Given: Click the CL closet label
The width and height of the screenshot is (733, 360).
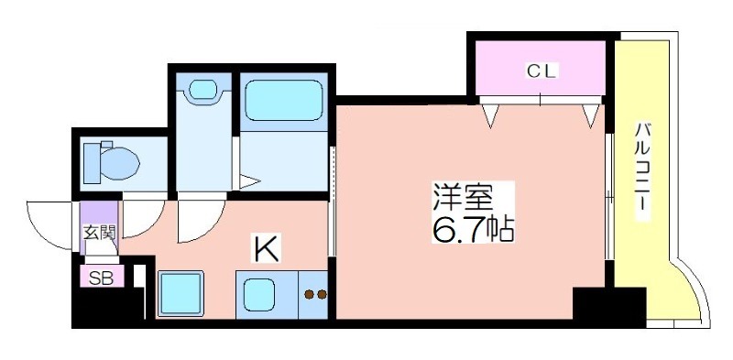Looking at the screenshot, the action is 542,71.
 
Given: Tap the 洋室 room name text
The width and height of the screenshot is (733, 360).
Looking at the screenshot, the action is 462,199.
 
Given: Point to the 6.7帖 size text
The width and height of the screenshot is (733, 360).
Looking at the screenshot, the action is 473,229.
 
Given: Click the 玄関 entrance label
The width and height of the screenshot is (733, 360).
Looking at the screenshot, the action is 99,232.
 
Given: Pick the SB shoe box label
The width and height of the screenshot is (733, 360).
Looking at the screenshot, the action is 101,278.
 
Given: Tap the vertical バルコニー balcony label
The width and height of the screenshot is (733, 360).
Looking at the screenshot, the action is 642,172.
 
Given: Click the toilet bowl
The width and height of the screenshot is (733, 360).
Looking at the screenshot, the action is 112,163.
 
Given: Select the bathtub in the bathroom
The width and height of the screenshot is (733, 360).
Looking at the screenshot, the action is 284,100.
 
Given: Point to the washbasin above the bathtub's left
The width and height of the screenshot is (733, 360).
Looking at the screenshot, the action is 203,89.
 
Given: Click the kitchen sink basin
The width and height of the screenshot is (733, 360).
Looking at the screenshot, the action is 259,295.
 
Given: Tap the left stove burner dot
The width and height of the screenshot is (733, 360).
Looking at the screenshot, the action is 309,294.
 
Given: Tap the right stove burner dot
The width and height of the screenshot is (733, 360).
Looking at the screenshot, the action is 322,294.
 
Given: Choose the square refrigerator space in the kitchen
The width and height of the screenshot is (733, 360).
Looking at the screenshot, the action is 181,294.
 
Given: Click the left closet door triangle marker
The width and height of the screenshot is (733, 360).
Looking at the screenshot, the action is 490,115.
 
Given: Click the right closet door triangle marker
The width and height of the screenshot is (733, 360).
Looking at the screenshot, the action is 590,115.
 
